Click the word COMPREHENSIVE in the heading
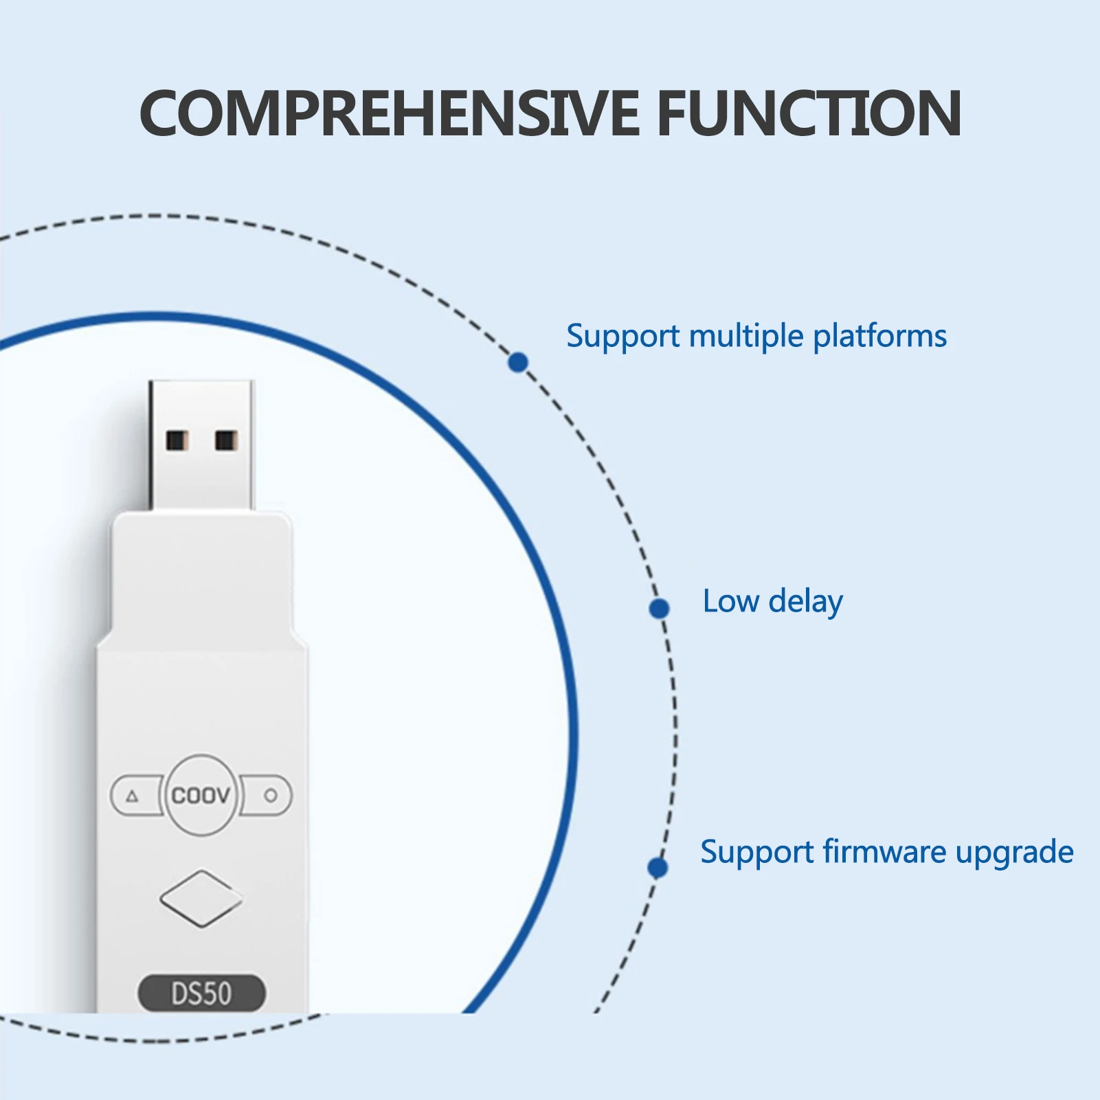(389, 113)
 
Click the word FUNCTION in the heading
(809, 113)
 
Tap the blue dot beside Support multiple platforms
(518, 362)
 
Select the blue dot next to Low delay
(659, 608)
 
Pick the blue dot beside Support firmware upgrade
(658, 868)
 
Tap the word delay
(805, 602)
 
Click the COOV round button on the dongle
(201, 795)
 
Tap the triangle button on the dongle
(133, 796)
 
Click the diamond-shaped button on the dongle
(201, 898)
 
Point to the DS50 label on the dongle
(201, 994)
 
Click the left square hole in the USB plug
(177, 440)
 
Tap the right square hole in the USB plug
(226, 440)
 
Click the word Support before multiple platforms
(622, 337)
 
